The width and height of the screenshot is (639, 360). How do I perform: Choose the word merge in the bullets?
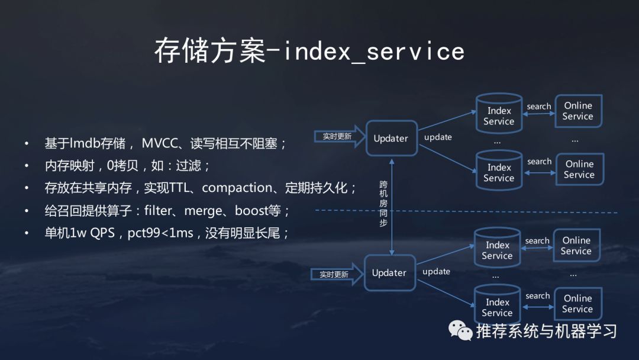[x=205, y=211]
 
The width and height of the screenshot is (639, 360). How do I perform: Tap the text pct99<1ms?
[x=160, y=233]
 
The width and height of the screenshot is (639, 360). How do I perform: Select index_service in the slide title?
[x=374, y=52]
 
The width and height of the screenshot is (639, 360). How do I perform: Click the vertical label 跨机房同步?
[x=383, y=204]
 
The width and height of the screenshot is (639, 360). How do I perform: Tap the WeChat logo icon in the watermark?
[x=460, y=330]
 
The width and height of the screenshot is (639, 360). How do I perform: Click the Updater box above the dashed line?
[x=390, y=139]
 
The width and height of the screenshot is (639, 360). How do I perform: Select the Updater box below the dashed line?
[x=389, y=273]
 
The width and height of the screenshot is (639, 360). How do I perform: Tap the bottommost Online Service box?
[x=577, y=304]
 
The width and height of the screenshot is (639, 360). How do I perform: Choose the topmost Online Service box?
[x=578, y=111]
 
